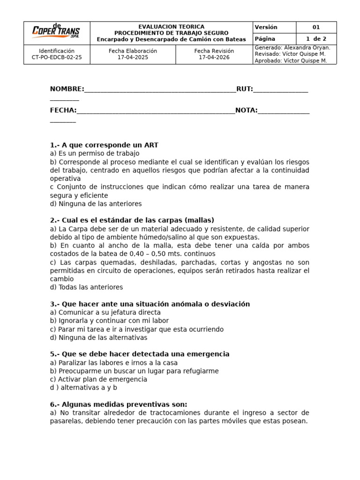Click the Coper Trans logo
(x=56, y=31)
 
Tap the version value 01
(x=316, y=27)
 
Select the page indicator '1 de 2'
(x=316, y=39)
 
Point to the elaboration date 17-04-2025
(x=133, y=58)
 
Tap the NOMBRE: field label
(x=67, y=89)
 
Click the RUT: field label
(x=244, y=89)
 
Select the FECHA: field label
(x=63, y=110)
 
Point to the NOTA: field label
(x=246, y=110)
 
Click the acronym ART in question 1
(x=151, y=145)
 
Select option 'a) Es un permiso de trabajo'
(x=95, y=153)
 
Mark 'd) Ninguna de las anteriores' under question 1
(x=96, y=204)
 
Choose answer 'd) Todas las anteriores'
(x=86, y=287)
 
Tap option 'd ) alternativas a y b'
(x=83, y=388)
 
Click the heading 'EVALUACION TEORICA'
(x=171, y=27)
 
